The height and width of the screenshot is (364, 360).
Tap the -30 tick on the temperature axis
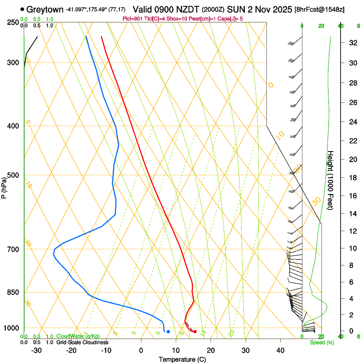36,350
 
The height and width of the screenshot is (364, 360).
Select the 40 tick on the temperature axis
280,350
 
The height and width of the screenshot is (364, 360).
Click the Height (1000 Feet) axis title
331,180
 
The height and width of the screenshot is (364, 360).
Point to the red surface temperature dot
195,331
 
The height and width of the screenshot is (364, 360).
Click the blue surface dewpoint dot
168,331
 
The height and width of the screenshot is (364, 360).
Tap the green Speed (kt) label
322,342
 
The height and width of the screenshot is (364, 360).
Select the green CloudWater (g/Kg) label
78,336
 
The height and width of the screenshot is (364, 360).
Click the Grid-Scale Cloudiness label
82,342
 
